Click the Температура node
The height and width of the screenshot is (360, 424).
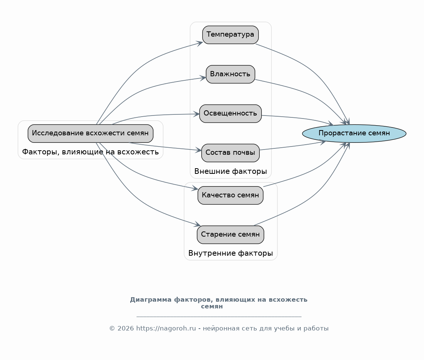click(231, 35)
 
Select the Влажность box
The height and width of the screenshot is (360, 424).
click(231, 74)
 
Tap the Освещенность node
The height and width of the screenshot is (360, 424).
click(231, 114)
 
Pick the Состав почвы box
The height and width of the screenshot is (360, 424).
click(231, 153)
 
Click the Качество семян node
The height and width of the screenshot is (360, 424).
click(231, 195)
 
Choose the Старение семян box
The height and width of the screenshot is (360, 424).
click(231, 235)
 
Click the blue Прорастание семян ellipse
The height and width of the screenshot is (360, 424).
click(354, 133)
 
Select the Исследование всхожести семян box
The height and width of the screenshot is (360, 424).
click(90, 133)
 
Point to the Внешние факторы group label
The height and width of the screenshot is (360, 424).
click(231, 172)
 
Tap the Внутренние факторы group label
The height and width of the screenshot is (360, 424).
click(231, 253)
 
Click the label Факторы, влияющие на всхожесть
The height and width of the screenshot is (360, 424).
click(90, 152)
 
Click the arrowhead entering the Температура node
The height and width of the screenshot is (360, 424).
click(200, 43)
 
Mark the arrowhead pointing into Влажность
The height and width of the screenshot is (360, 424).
click(203, 78)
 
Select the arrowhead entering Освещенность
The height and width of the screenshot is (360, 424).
click(196, 114)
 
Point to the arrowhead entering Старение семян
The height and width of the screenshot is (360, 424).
click(197, 224)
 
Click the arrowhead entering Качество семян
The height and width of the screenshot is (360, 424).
click(195, 188)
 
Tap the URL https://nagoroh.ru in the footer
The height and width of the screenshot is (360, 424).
click(166, 329)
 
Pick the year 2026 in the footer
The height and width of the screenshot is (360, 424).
click(125, 329)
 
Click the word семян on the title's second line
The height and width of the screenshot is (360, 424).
click(212, 307)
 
